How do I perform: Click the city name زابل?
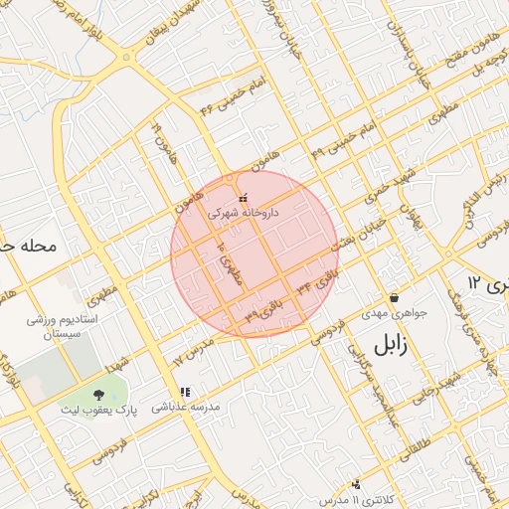[x=396, y=345]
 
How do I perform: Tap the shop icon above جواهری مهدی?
[x=395, y=297]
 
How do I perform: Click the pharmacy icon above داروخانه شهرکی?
[x=244, y=199]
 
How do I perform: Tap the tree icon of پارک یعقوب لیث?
[x=98, y=395]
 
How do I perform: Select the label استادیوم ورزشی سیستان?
[x=61, y=329]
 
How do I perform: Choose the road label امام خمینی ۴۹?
[x=343, y=138]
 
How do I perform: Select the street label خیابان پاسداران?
[x=411, y=50]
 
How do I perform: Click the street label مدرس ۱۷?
[x=194, y=350]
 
